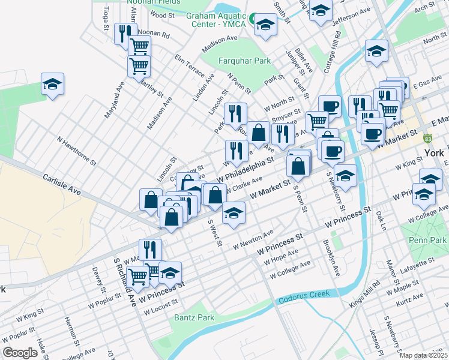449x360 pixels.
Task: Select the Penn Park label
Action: point(430,240)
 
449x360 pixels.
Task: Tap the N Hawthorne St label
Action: point(77,151)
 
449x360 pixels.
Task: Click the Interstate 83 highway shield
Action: point(428,137)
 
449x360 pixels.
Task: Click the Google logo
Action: point(20,353)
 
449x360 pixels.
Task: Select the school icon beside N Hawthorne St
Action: point(52,85)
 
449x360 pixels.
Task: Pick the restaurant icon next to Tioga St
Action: point(124,33)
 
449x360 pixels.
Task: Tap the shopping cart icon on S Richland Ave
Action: point(138,276)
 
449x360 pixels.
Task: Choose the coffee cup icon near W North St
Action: point(330,106)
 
